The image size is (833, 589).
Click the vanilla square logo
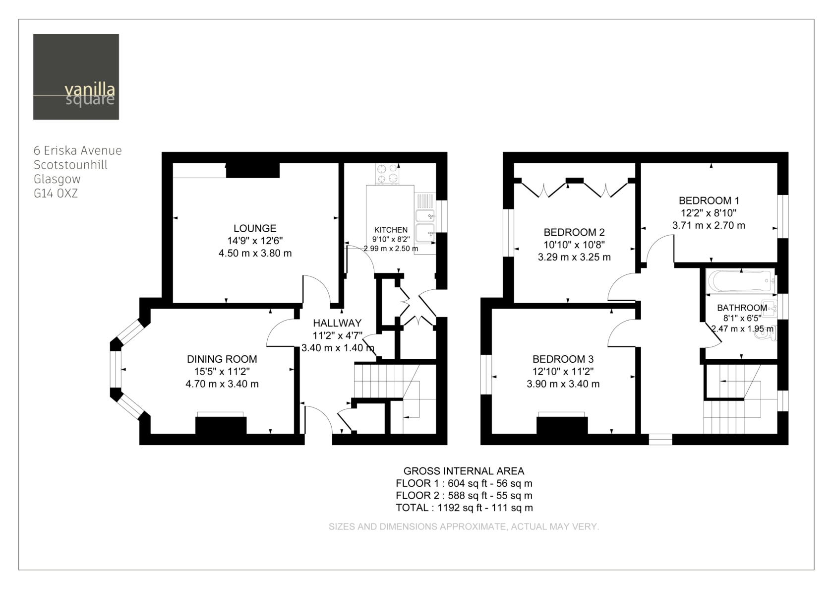click(x=76, y=76)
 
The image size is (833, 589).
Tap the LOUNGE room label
click(x=255, y=228)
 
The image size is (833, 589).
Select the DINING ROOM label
click(x=222, y=359)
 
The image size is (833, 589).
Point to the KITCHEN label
click(x=391, y=230)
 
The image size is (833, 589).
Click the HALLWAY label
click(x=337, y=323)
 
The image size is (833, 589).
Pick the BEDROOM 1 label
click(x=709, y=200)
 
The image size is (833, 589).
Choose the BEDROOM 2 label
click(x=574, y=232)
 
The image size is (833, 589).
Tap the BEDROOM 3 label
click(x=563, y=359)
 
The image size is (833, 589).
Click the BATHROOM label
click(x=742, y=308)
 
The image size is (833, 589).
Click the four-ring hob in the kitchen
click(x=387, y=174)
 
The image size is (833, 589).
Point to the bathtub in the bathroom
click(x=741, y=281)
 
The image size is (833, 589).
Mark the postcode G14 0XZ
click(x=56, y=194)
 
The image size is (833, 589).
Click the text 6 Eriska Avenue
click(x=78, y=150)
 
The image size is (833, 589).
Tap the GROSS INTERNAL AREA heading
click(x=464, y=471)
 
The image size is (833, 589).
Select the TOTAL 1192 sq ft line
click(x=464, y=508)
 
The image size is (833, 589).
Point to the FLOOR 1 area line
click(x=464, y=483)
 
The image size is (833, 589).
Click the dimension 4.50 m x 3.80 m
click(x=255, y=254)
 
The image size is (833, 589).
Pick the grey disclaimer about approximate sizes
click(x=464, y=526)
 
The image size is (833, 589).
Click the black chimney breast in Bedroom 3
click(x=562, y=425)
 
